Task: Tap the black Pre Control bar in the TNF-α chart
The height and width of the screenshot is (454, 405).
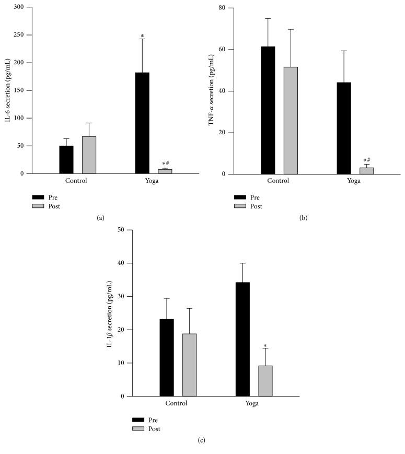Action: [x=268, y=110]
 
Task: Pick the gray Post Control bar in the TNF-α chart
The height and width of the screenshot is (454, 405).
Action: [x=291, y=121]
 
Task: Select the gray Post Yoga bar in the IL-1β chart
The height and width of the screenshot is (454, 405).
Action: [x=265, y=381]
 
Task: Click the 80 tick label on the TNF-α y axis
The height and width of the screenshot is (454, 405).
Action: [x=223, y=8]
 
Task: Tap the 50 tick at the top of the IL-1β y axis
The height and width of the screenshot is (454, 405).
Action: [x=121, y=230]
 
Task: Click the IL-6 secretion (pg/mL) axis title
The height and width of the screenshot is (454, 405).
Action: [x=8, y=90]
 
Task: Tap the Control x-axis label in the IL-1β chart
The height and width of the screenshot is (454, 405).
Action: [x=178, y=403]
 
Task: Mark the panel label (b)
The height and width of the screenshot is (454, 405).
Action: [x=303, y=218]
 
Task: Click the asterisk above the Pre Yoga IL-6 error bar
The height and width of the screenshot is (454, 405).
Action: [x=142, y=37]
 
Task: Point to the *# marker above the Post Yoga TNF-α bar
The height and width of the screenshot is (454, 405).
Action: [x=367, y=160]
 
